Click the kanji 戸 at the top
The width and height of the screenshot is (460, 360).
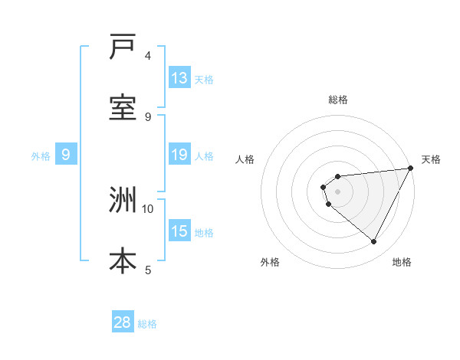[x=123, y=47]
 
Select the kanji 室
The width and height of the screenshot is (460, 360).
[x=123, y=108]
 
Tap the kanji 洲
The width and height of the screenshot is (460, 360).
[x=123, y=200]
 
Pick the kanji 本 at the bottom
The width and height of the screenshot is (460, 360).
[x=123, y=261]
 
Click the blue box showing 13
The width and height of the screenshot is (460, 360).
[x=179, y=77]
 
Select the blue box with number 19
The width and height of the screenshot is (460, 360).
[x=179, y=154]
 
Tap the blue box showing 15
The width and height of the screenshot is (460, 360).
[x=179, y=231]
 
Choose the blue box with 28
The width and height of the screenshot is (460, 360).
[x=123, y=322]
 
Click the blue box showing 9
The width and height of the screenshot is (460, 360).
[x=66, y=154]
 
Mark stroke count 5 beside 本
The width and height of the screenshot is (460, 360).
[x=148, y=270]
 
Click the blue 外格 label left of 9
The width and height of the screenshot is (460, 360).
[x=41, y=155]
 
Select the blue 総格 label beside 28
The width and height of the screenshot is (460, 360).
[x=147, y=324]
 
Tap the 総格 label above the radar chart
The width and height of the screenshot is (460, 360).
[x=338, y=100]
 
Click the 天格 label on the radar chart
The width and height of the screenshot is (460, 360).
[x=431, y=159]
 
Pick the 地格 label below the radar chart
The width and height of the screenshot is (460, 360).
[x=402, y=262]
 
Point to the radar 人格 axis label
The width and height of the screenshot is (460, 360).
[x=245, y=159]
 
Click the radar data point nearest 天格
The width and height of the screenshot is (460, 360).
[x=410, y=169]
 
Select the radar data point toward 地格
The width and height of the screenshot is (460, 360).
[x=374, y=242]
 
